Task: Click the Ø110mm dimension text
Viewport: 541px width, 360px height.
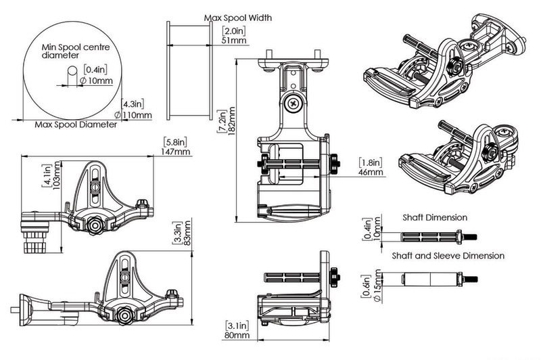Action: tap(134, 115)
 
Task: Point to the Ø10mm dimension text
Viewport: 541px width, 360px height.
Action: tap(95, 81)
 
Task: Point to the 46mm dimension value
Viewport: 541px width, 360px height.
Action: tap(371, 173)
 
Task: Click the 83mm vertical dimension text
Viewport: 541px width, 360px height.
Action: tap(187, 232)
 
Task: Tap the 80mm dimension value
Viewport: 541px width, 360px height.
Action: tap(235, 334)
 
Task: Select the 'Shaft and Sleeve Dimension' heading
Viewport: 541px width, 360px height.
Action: tap(448, 256)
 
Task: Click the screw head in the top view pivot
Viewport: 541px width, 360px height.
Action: tap(293, 104)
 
